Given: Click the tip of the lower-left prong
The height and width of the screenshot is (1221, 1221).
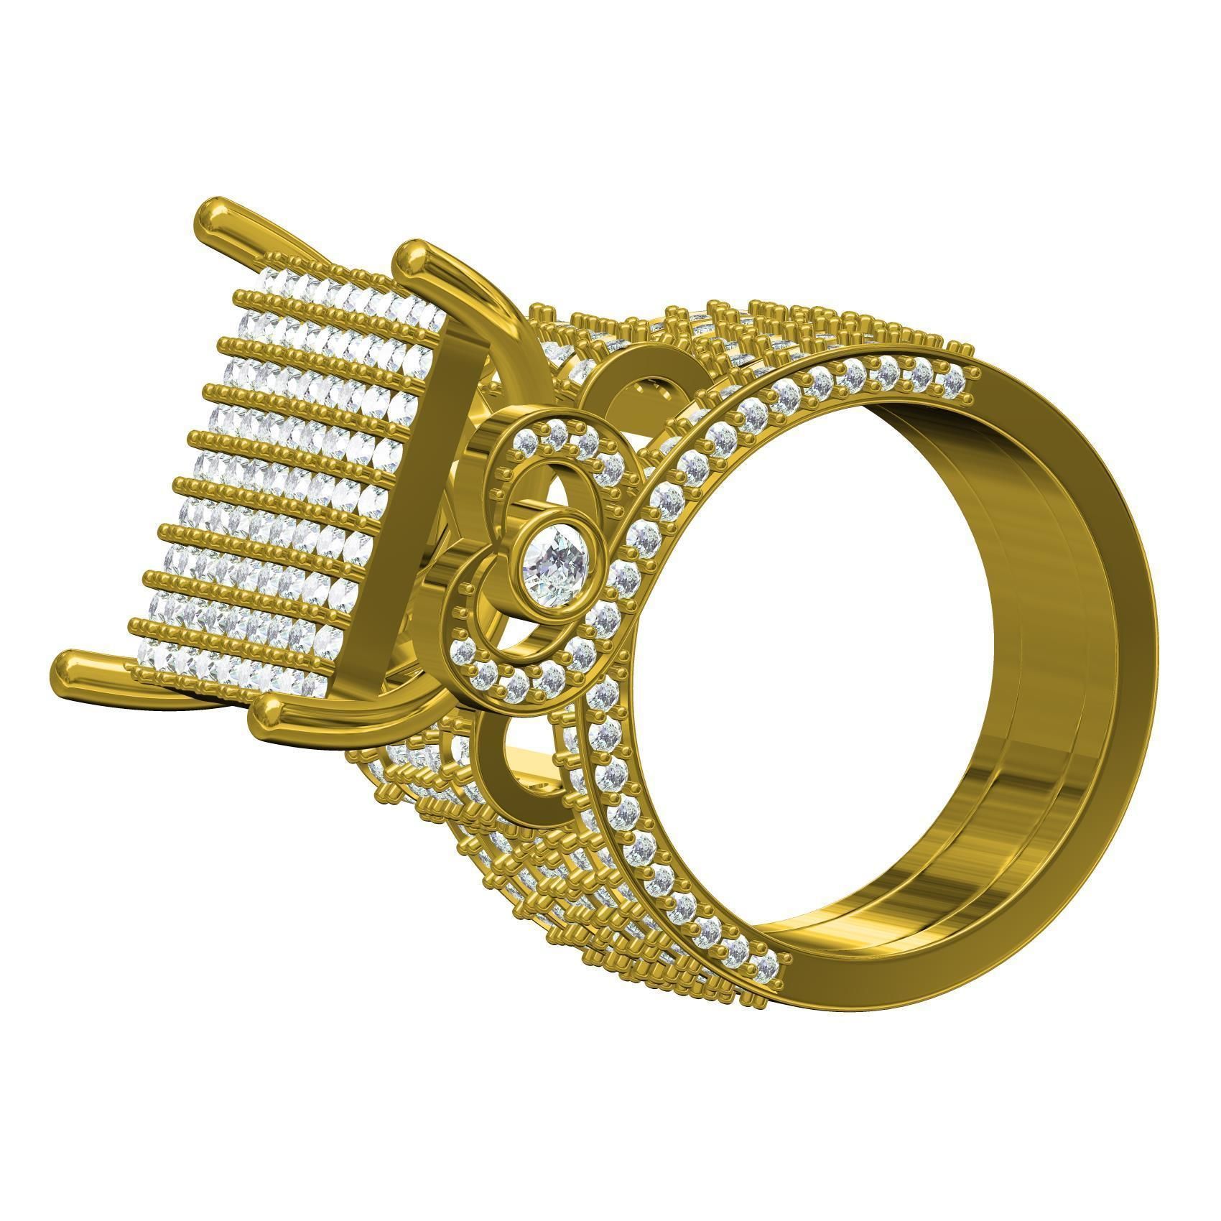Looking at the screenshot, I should tap(74, 669).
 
